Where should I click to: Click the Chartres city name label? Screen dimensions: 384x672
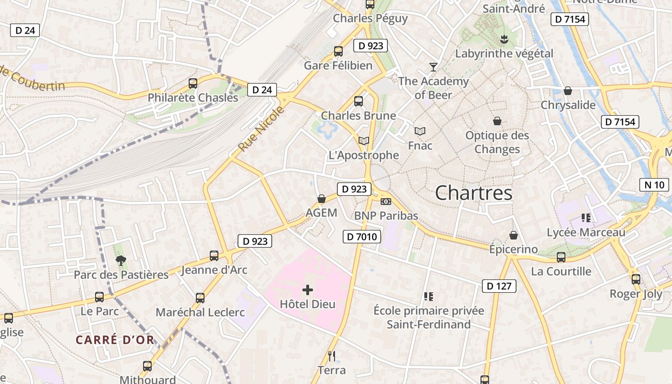click(473, 193)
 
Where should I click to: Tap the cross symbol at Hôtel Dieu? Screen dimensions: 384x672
click(308, 289)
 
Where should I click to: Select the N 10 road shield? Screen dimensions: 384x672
click(654, 184)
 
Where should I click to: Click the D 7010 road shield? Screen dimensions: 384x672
click(362, 236)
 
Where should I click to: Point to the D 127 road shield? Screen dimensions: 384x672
click(499, 286)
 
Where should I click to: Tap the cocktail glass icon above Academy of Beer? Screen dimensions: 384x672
click(433, 67)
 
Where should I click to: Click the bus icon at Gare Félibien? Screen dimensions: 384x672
click(338, 51)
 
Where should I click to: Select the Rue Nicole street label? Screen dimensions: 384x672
click(261, 130)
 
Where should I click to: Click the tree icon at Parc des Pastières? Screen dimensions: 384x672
click(121, 260)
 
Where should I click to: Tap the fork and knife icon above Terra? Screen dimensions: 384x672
click(332, 356)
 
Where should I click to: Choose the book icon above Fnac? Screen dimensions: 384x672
click(420, 131)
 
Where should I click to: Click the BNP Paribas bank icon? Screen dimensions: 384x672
click(385, 202)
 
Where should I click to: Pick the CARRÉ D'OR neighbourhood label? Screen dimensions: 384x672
click(115, 340)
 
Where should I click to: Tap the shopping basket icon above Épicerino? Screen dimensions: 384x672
click(514, 235)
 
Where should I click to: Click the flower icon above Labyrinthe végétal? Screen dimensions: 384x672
click(504, 38)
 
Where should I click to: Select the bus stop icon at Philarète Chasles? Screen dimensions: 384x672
click(193, 84)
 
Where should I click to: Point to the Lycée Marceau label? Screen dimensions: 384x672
click(586, 232)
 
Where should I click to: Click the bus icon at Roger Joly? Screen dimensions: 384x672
click(636, 279)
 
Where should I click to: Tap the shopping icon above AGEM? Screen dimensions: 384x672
click(322, 199)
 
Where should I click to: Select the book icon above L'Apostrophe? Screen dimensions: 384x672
click(364, 141)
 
